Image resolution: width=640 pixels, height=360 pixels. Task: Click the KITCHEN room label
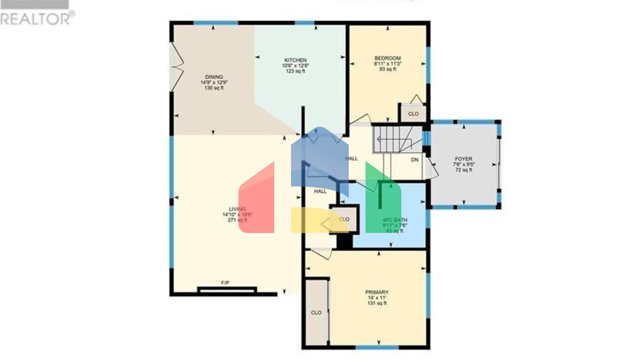pos(295,60)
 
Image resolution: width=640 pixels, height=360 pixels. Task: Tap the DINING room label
pos(214,77)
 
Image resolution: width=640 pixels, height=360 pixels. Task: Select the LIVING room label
pos(237,209)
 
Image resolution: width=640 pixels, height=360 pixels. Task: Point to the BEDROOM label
pos(387,58)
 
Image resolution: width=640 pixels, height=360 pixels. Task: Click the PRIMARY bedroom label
pos(377,292)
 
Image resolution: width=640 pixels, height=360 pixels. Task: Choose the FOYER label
pos(463,159)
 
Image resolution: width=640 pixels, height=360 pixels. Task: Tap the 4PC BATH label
pos(395,220)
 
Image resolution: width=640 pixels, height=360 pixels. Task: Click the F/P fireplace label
pos(225,283)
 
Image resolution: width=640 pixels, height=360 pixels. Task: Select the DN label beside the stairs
pos(415,160)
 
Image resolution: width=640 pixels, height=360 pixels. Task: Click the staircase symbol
pos(392,140)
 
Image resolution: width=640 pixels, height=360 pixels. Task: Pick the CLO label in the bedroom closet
pos(413,114)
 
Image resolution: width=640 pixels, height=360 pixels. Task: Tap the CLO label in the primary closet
pos(316,312)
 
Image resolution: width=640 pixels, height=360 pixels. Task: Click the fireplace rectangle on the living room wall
pos(227,290)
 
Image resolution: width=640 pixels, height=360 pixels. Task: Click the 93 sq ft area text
pos(387,70)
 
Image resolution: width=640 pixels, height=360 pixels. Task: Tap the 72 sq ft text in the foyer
pos(463,170)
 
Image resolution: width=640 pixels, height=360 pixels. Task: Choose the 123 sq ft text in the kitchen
pos(295,71)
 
